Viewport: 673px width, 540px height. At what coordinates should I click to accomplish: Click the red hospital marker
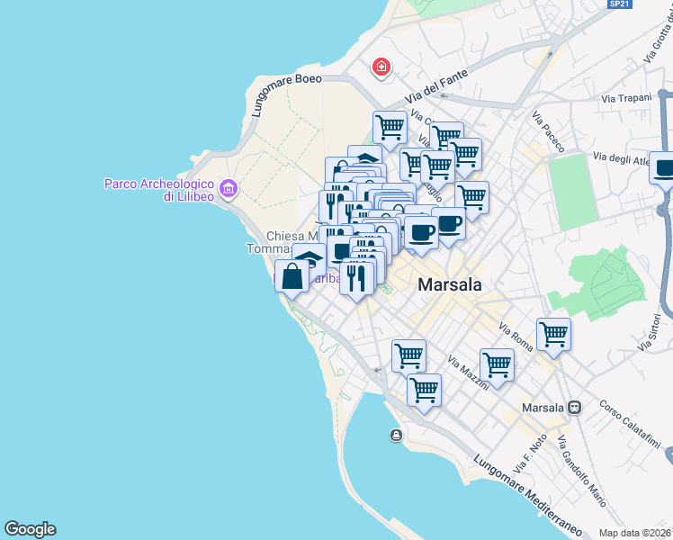(x=381, y=67)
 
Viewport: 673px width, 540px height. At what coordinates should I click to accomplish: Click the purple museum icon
(x=229, y=189)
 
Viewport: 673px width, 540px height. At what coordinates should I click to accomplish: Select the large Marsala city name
(x=450, y=284)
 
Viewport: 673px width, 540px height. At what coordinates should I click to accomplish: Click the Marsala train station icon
(x=574, y=408)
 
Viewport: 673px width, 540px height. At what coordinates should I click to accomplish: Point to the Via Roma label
(x=521, y=339)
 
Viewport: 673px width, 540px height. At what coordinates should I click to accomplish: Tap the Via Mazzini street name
(x=468, y=372)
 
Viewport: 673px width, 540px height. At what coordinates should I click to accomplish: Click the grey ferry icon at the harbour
(x=396, y=436)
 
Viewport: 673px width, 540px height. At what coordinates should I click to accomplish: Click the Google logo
(x=30, y=529)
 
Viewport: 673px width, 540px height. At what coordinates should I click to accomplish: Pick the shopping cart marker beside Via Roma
(x=553, y=335)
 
